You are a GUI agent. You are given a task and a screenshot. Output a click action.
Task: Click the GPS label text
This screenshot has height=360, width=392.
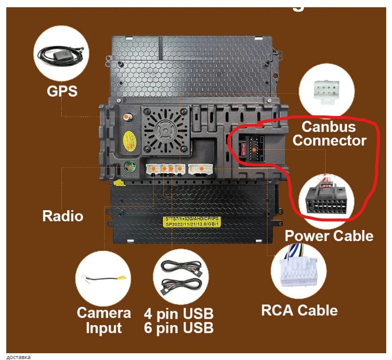(x=62, y=90)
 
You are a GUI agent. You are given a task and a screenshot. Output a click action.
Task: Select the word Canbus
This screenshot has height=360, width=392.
(x=328, y=127)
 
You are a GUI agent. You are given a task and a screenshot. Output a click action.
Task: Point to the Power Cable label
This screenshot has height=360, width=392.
(x=329, y=236)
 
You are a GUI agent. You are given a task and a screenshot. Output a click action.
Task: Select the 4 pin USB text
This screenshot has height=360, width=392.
(x=179, y=313)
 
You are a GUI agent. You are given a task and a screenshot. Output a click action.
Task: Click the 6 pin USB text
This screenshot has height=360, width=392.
(x=179, y=328)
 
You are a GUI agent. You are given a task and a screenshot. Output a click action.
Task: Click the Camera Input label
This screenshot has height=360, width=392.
(x=103, y=320)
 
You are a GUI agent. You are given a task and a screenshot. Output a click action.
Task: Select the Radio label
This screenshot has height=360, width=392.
(x=63, y=216)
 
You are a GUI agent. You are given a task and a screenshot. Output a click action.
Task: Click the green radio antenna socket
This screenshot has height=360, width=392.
(x=129, y=167)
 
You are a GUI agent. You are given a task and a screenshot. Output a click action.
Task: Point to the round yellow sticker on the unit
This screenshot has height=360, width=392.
(x=128, y=140)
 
